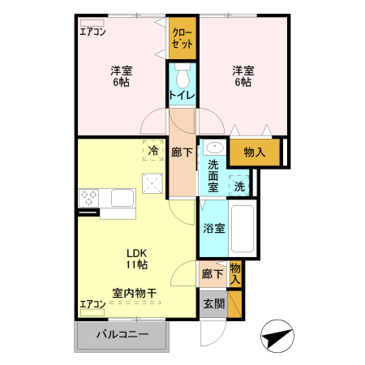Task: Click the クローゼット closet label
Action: coord(182,39)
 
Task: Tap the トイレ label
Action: coord(182,96)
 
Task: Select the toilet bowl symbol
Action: coord(182,77)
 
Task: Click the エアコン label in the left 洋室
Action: coord(92,32)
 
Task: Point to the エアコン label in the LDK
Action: coord(92,304)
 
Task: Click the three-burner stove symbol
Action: coord(89,198)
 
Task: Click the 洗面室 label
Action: coord(213,176)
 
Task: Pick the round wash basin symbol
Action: coord(213,148)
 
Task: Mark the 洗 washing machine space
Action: coord(239,186)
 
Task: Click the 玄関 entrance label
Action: coord(213,303)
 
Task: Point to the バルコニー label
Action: coord(122,334)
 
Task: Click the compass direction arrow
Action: coord(277,334)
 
